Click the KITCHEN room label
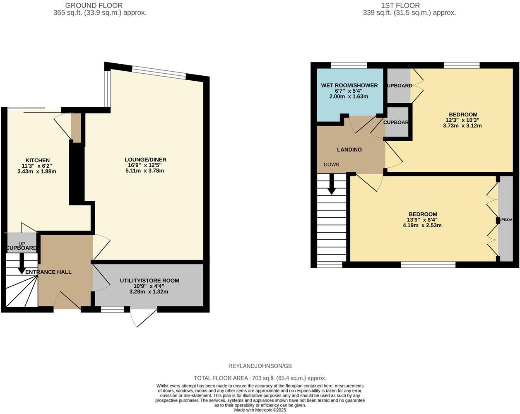click(x=38, y=160)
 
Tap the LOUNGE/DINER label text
click(x=145, y=159)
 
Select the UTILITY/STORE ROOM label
click(x=149, y=280)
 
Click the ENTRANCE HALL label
click(x=48, y=272)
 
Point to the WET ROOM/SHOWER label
click(x=349, y=85)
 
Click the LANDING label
click(x=349, y=149)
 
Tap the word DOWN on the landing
click(x=332, y=164)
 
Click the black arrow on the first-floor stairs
click(x=332, y=185)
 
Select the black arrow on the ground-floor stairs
click(x=22, y=264)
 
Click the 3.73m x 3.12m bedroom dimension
click(x=462, y=125)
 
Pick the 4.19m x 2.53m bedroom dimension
click(x=422, y=226)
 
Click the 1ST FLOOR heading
click(x=400, y=5)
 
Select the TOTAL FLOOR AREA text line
click(x=260, y=378)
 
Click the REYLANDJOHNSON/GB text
click(x=260, y=366)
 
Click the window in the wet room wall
click(x=349, y=65)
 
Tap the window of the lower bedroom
click(x=428, y=265)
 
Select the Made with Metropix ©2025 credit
click(x=260, y=410)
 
